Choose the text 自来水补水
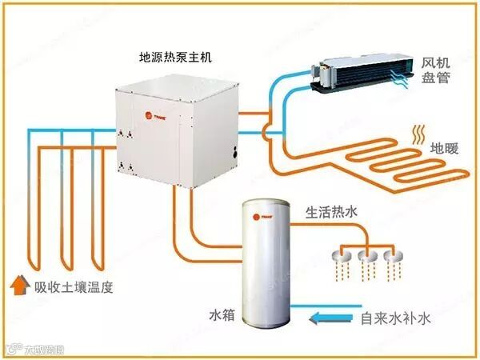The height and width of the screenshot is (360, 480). click(x=396, y=318)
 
